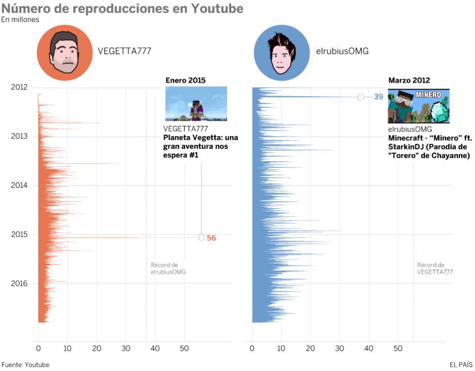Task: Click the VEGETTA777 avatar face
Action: pyautogui.click(x=64, y=53)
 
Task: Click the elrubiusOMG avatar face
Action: pyautogui.click(x=282, y=53)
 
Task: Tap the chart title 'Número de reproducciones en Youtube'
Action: pyautogui.click(x=122, y=9)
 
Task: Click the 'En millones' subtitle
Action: pyautogui.click(x=20, y=20)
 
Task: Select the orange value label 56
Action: pyautogui.click(x=211, y=238)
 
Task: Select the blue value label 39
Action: pyautogui.click(x=379, y=97)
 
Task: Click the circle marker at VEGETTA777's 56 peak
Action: pyautogui.click(x=201, y=237)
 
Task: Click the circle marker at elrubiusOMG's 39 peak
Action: pyautogui.click(x=361, y=97)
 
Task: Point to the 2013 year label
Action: pyautogui.click(x=19, y=136)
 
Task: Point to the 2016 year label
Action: pyautogui.click(x=19, y=283)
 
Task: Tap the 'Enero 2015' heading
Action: pyautogui.click(x=185, y=80)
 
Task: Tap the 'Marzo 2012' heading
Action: pyautogui.click(x=409, y=80)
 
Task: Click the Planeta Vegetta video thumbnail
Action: pyautogui.click(x=196, y=104)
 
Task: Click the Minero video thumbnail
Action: pyautogui.click(x=418, y=106)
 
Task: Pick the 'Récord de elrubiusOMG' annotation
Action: pyautogui.click(x=168, y=269)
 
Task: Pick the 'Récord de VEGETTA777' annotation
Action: pyautogui.click(x=435, y=269)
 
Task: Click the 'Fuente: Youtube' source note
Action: pyautogui.click(x=25, y=365)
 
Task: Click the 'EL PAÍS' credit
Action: pyautogui.click(x=461, y=365)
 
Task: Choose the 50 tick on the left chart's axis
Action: pyautogui.click(x=185, y=348)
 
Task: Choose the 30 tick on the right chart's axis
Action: pyautogui.click(x=340, y=348)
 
